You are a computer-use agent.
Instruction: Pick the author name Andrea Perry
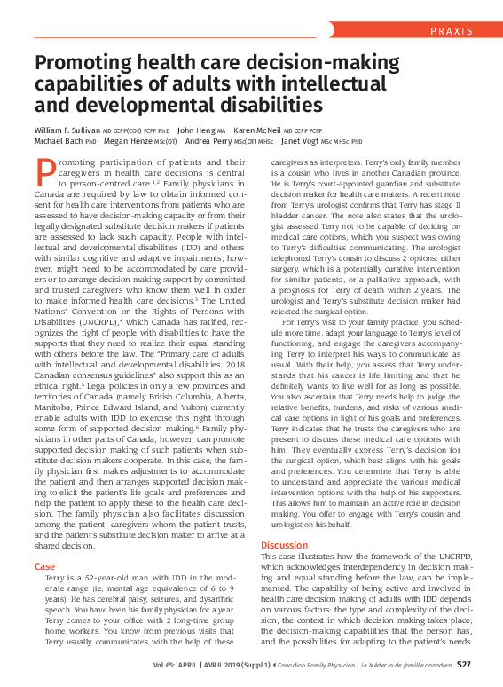click(210, 141)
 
